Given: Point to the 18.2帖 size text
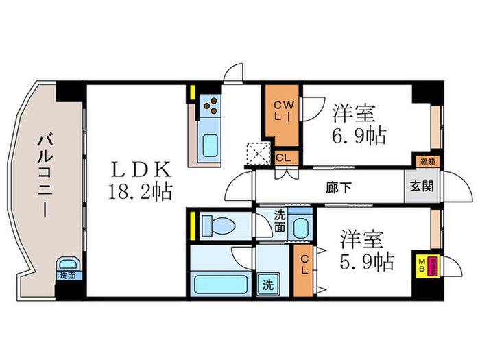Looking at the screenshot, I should point(140,191).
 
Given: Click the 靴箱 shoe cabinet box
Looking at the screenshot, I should point(427,163).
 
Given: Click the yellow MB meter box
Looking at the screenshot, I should point(423,264).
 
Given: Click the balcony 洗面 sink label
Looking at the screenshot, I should point(67,276).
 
